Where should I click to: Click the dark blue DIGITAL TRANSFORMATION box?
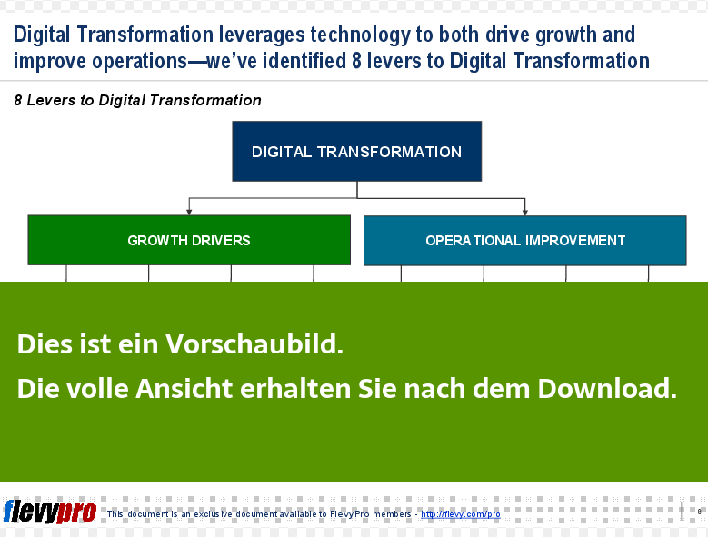[x=356, y=151]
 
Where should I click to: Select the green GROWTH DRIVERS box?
[x=189, y=240]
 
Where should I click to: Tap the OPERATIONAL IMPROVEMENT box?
[x=525, y=241]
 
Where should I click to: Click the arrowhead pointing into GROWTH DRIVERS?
[x=189, y=212]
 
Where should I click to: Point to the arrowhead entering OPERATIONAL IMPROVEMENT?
[x=525, y=213]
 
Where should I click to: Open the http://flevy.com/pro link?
[x=461, y=514]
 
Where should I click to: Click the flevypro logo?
[x=50, y=512]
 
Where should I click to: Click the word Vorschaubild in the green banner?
[x=254, y=343]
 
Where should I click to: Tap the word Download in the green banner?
[x=607, y=388]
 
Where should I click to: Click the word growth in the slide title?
[x=566, y=35]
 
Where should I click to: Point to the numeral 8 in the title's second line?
[x=356, y=61]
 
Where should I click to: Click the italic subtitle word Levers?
[x=51, y=100]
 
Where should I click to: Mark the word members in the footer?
[x=392, y=514]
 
